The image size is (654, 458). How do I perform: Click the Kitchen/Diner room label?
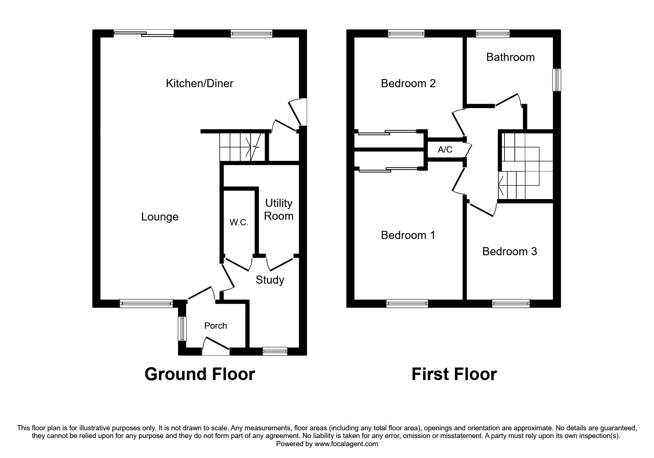(199, 83)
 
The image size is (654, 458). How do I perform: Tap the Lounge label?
(160, 217)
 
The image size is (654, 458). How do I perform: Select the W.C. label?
(239, 222)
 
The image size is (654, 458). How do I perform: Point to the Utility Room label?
(279, 209)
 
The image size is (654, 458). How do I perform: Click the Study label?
(270, 280)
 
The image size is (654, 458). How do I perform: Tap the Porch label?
(216, 326)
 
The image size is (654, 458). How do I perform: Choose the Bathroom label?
(510, 57)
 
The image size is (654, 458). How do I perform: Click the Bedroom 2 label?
(408, 83)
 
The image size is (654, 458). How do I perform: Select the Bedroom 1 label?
(408, 235)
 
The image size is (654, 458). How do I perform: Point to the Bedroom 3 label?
(510, 252)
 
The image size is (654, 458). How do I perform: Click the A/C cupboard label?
(445, 150)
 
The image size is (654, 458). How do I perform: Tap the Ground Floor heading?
(199, 374)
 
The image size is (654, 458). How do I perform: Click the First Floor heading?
(454, 374)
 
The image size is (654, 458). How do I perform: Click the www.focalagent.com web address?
(346, 444)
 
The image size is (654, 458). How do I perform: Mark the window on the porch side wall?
(182, 329)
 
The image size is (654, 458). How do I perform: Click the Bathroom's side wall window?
(557, 79)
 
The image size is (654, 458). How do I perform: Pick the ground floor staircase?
(240, 147)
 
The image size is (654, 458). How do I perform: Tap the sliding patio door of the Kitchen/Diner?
(144, 34)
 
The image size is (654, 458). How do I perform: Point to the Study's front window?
(275, 351)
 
